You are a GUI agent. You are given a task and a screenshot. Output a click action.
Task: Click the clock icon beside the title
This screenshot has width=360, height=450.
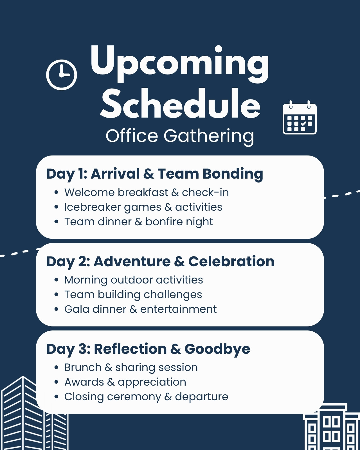[62, 75]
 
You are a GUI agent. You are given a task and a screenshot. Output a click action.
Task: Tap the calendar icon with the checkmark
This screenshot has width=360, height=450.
[300, 118]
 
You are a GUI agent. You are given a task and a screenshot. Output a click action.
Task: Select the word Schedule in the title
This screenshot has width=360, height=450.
[180, 103]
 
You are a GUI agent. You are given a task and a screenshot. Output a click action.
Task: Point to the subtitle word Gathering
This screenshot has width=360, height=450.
[209, 137]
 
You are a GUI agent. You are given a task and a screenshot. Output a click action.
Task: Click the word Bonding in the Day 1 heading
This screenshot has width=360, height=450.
[233, 174]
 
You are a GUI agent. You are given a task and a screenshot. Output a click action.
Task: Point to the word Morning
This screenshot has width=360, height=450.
[86, 280]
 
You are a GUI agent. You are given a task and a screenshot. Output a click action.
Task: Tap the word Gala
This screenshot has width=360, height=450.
[77, 309]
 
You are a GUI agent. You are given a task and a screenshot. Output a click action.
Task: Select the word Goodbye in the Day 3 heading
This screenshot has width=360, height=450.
[217, 349]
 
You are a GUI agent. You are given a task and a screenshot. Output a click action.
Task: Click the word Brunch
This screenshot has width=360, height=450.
[83, 367]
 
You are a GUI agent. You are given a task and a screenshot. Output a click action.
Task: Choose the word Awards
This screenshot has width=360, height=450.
[84, 382]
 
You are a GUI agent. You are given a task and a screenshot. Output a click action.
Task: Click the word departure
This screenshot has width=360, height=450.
[201, 397]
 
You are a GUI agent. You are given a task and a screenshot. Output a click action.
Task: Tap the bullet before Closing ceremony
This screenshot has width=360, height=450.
[56, 397]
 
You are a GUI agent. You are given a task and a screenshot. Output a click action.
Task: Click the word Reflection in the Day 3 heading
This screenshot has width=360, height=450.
[130, 349]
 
